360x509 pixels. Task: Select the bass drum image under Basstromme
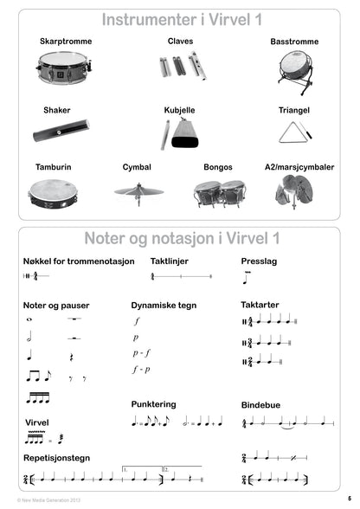click(293, 68)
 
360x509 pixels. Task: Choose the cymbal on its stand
click(138, 192)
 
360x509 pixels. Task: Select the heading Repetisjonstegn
click(57, 457)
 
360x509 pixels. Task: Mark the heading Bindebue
click(262, 403)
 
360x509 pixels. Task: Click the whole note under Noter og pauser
click(30, 320)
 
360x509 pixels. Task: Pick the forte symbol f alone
click(137, 321)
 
